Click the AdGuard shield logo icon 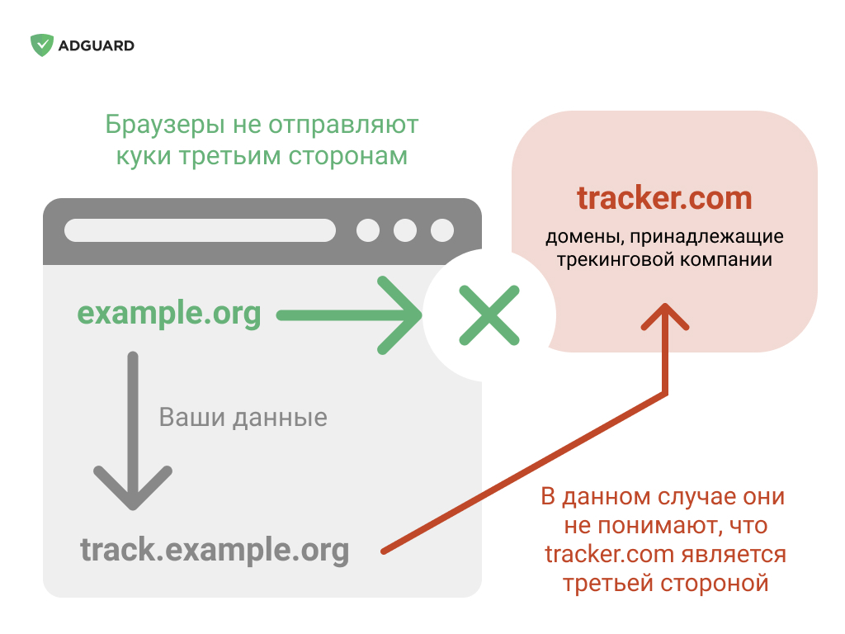tap(42, 45)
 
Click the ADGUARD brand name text tap(97, 46)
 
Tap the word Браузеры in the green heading tap(165, 125)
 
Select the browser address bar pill tap(200, 230)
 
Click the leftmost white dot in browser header tap(368, 230)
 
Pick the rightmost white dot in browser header tap(442, 230)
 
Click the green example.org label tap(169, 313)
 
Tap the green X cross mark tap(489, 315)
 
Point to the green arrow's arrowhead tap(399, 315)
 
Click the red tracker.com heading tap(664, 198)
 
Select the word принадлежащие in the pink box tap(707, 237)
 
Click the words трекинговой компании tap(664, 260)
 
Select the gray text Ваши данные tap(243, 417)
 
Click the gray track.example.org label tap(215, 550)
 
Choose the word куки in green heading tap(144, 156)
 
